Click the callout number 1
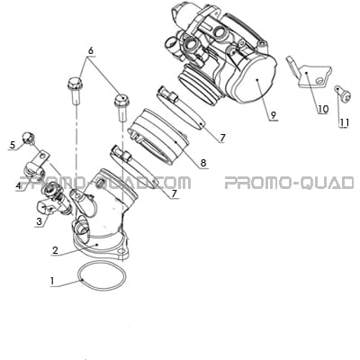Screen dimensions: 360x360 pyautogui.click(x=52, y=281)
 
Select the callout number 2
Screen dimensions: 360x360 pyautogui.click(x=55, y=250)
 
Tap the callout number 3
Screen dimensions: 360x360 pyautogui.click(x=39, y=221)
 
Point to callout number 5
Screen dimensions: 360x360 pyautogui.click(x=13, y=145)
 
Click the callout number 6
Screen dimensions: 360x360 pyautogui.click(x=91, y=50)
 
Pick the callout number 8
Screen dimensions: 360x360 pyautogui.click(x=203, y=163)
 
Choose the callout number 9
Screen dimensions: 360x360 pyautogui.click(x=273, y=114)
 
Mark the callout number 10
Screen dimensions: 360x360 pyautogui.click(x=323, y=109)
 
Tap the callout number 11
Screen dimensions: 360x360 pyautogui.click(x=344, y=122)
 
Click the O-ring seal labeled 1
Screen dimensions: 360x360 pyautogui.click(x=101, y=276)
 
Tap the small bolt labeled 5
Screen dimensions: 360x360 pyautogui.click(x=28, y=138)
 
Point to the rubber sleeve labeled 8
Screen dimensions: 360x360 pyautogui.click(x=158, y=136)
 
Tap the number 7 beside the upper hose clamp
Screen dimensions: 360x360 pyautogui.click(x=222, y=138)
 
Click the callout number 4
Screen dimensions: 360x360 pyautogui.click(x=19, y=186)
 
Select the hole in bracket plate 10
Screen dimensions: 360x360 pyautogui.click(x=321, y=80)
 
